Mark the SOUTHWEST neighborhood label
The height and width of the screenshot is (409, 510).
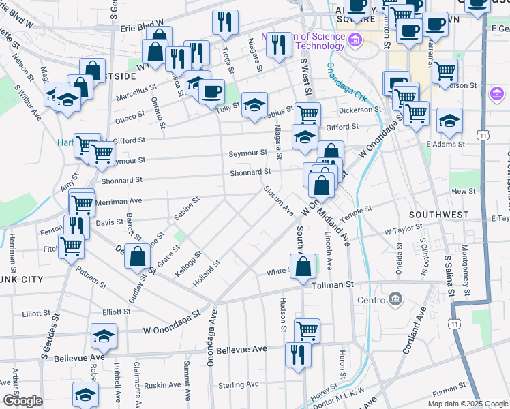coord(439,215)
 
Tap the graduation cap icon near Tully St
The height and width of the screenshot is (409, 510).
coord(254,104)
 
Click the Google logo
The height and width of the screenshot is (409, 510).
coord(22,400)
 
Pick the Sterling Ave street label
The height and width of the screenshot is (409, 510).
coord(239,384)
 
